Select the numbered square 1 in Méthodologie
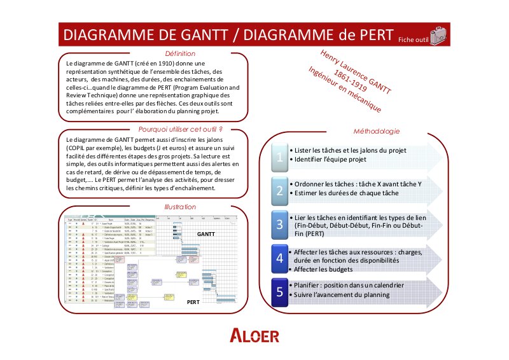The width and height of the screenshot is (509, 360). click(x=278, y=156)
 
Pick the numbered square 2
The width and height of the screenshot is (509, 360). click(x=278, y=190)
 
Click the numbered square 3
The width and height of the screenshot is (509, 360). click(x=278, y=224)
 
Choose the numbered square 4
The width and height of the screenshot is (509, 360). click(x=278, y=258)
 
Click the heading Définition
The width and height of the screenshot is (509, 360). click(x=180, y=54)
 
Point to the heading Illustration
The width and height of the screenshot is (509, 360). click(x=180, y=207)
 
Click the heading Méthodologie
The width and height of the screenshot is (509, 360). click(x=377, y=132)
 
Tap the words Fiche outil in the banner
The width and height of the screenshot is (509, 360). click(x=413, y=39)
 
